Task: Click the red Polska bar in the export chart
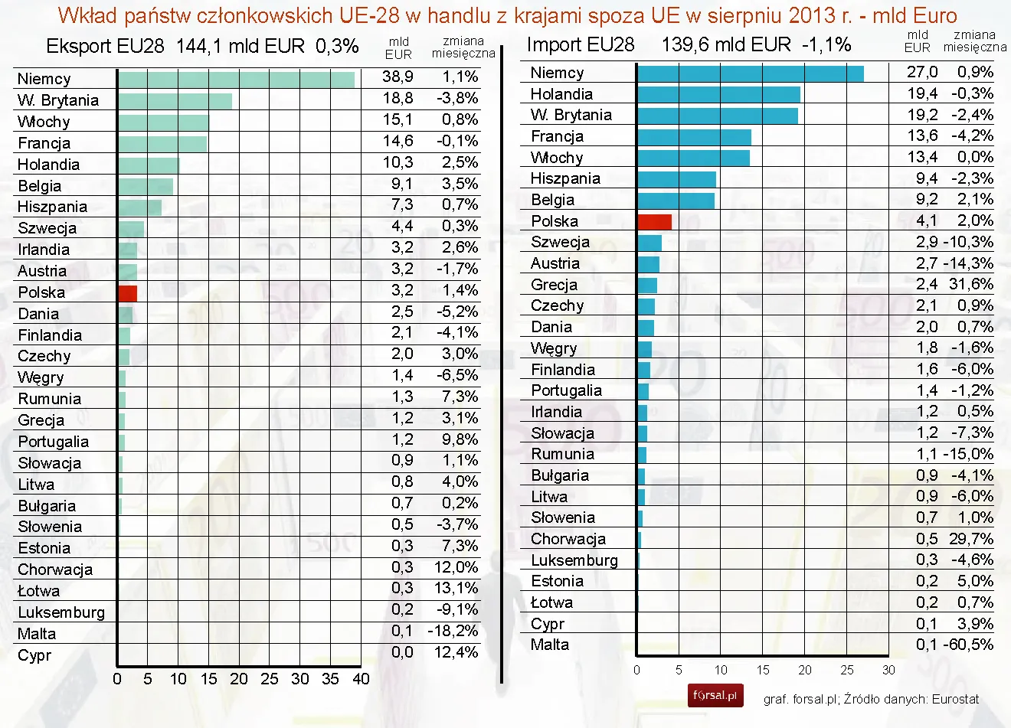128,292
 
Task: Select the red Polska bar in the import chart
655,222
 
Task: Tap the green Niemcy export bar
236,79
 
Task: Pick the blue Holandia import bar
718,94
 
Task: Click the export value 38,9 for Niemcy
398,77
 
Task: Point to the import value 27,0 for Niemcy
921,72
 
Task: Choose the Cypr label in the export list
34,655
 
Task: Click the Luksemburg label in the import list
574,560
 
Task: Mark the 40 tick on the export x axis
361,679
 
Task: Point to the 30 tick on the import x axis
888,670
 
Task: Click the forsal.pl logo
715,695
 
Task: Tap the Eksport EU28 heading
105,46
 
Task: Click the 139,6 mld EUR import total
725,44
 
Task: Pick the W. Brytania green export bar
175,100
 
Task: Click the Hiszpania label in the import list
565,178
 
